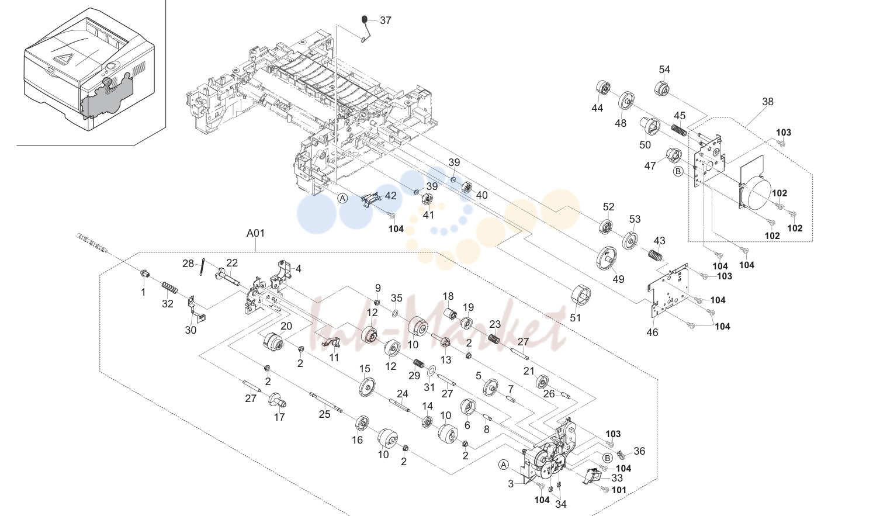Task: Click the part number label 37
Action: pos(386,20)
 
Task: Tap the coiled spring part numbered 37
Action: pos(366,29)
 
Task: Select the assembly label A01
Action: pos(255,233)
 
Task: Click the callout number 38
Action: pos(768,102)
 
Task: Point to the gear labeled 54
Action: pos(661,88)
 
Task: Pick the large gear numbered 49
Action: pos(607,259)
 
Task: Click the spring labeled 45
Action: pos(678,130)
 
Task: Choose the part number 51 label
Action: pos(575,317)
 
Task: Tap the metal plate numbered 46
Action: pos(668,289)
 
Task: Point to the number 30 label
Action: pos(190,330)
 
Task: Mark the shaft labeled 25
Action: pos(325,403)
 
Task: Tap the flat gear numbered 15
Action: pos(368,387)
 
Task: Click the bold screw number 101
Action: pos(619,490)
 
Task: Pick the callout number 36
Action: pos(639,451)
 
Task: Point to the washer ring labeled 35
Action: pos(395,313)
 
